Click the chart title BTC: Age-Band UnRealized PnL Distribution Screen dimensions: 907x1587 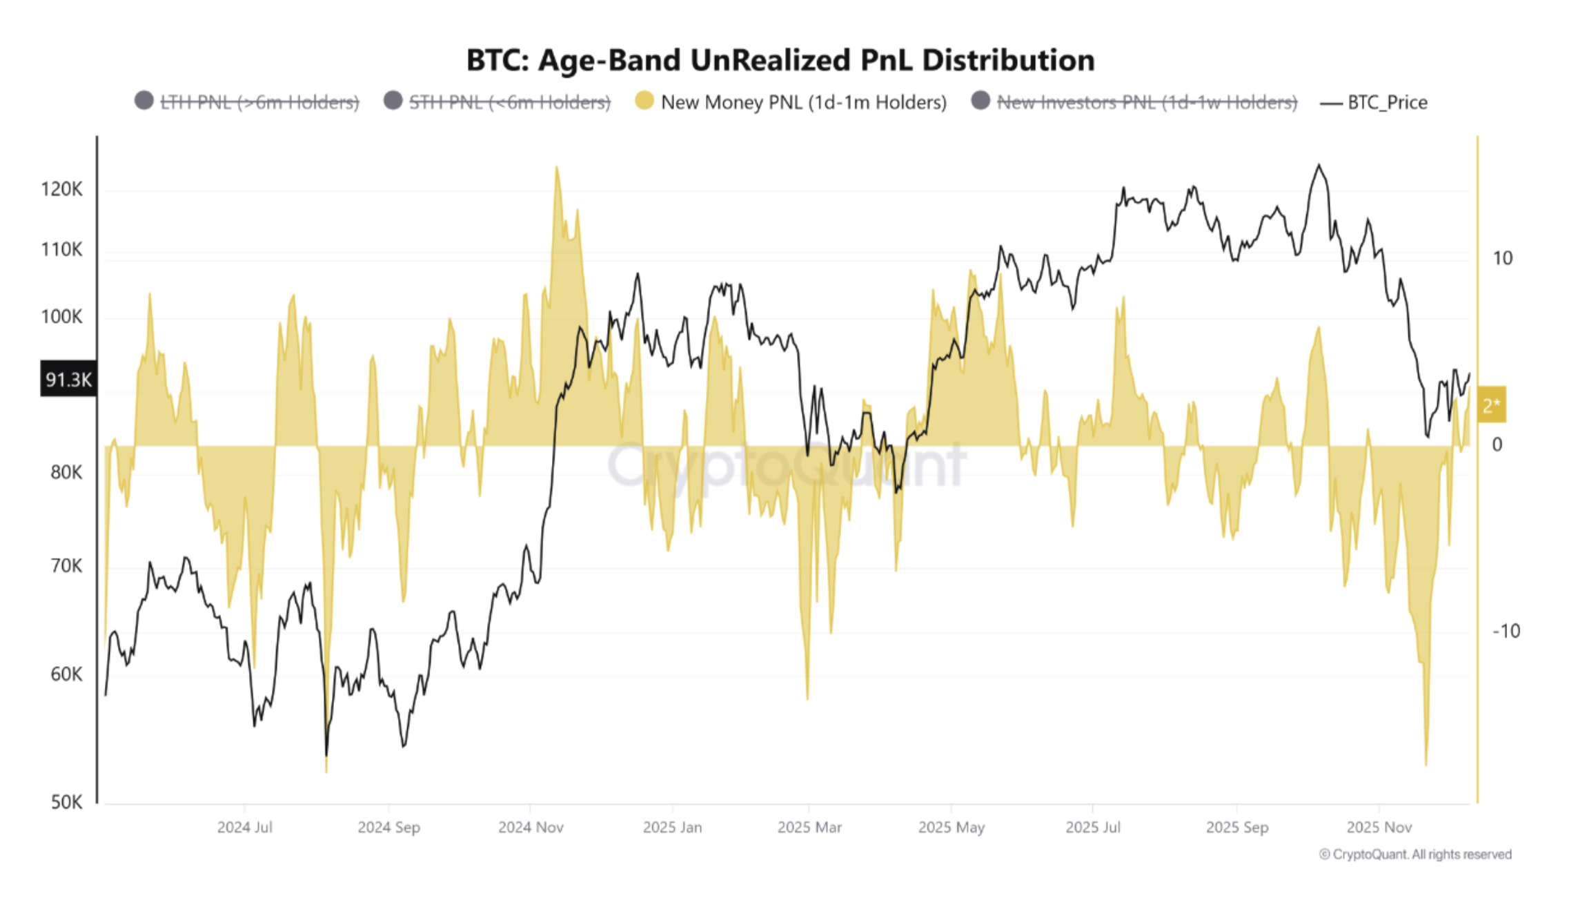[x=780, y=61]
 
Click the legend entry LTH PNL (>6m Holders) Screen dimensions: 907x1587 [x=259, y=102]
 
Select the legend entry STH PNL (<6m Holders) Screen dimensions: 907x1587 [x=509, y=102]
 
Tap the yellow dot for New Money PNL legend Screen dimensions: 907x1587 [x=644, y=101]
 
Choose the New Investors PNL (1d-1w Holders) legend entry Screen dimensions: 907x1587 [x=1146, y=102]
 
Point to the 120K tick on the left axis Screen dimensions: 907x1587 [x=61, y=189]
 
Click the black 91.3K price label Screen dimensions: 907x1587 [x=68, y=379]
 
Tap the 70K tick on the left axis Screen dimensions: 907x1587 [x=66, y=566]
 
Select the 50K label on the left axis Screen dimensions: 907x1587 [x=66, y=802]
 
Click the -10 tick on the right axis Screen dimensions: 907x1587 [x=1506, y=631]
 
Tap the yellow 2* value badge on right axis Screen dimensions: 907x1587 [x=1490, y=405]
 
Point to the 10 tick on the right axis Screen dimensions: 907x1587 [x=1502, y=258]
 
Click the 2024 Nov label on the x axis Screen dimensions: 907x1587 [x=531, y=827]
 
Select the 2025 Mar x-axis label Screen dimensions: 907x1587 [x=809, y=827]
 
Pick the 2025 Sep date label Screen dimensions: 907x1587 [x=1236, y=827]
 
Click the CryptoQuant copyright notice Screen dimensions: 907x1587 [x=1414, y=855]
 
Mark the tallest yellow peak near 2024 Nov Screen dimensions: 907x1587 [x=556, y=168]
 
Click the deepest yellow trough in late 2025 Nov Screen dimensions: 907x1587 [x=1426, y=763]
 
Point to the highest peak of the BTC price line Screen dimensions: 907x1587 [x=1319, y=165]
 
